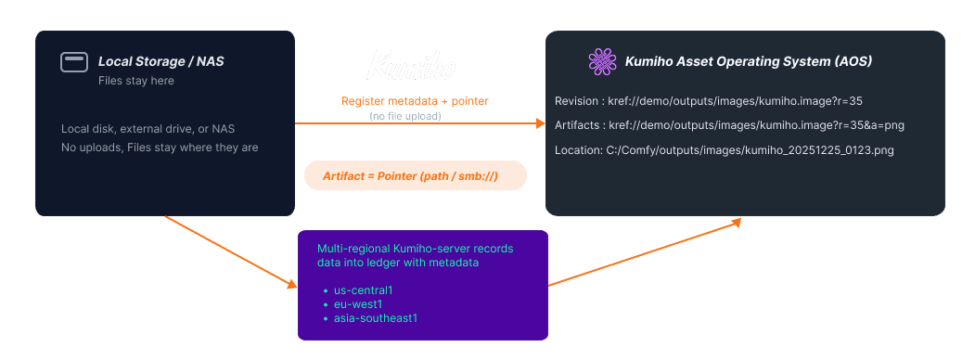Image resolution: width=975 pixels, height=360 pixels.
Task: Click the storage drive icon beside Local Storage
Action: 74,62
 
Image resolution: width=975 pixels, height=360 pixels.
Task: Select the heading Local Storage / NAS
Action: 161,62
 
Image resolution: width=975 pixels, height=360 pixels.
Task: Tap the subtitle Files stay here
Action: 136,81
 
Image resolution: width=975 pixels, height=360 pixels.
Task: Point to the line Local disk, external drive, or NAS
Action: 154,128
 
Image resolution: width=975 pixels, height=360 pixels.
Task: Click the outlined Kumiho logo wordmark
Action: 413,66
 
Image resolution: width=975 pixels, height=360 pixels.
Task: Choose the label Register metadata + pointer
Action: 415,100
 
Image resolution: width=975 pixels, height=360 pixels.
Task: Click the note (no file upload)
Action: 405,116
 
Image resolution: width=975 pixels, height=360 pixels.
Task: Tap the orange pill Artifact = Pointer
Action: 415,176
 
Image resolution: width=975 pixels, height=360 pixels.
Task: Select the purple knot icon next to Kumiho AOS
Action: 602,62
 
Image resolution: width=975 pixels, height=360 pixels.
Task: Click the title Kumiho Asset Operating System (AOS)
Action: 749,62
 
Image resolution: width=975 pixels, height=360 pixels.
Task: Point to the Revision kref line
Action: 710,100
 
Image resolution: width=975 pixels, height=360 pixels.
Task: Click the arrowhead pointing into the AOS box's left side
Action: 539,122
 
